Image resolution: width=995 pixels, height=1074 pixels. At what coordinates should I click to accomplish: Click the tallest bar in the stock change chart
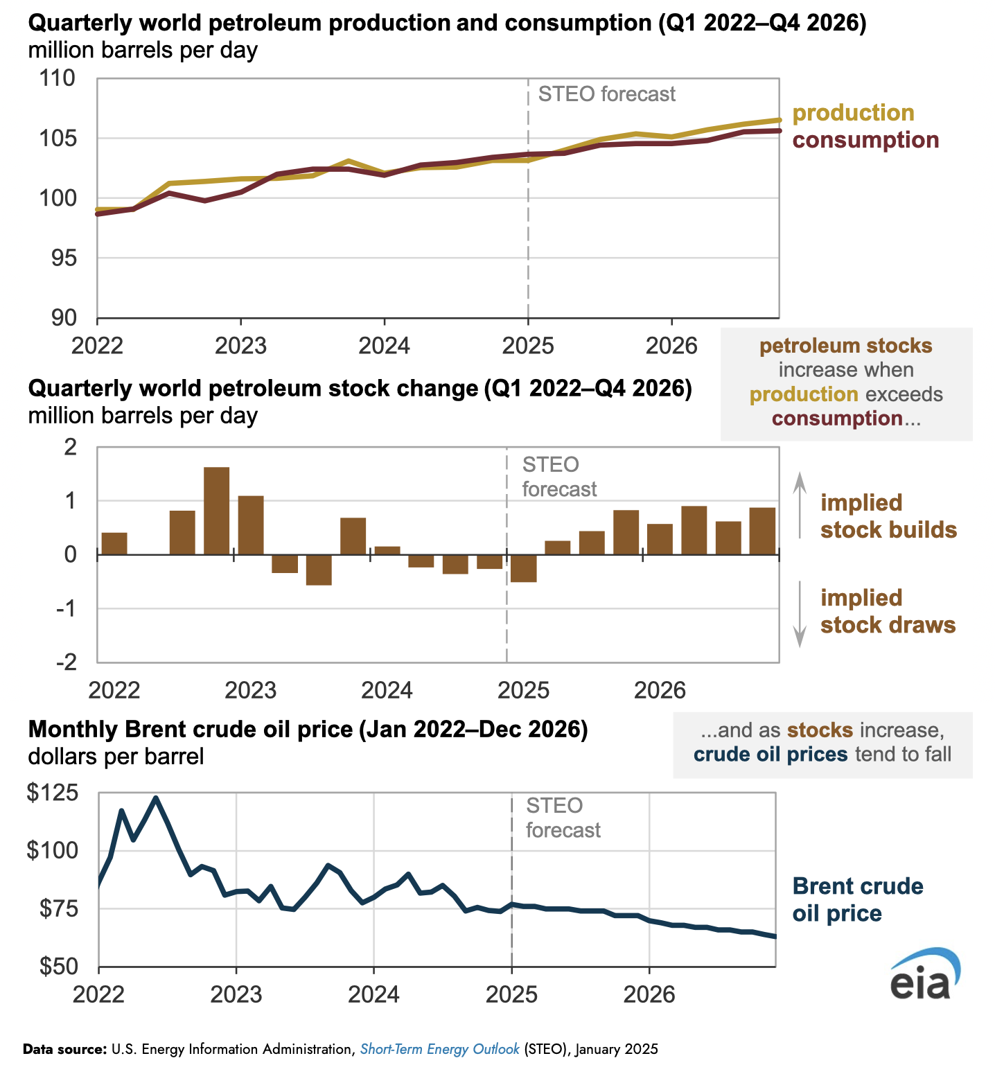[x=216, y=511]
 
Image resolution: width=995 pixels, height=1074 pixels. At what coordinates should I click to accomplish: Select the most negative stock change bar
[x=319, y=570]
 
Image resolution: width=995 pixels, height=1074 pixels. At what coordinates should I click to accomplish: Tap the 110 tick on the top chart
[x=58, y=78]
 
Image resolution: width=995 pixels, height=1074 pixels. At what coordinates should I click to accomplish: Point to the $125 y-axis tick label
[x=51, y=793]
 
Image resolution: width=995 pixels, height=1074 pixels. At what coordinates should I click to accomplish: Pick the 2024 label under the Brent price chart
[x=373, y=994]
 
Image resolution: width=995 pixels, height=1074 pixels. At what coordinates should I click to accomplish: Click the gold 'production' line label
[x=853, y=113]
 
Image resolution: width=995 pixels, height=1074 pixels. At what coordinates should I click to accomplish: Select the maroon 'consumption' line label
[x=865, y=140]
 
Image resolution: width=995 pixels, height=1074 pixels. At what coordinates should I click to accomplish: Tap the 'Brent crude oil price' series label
[x=857, y=899]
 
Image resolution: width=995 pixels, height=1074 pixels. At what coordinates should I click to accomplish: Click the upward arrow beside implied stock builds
[x=800, y=504]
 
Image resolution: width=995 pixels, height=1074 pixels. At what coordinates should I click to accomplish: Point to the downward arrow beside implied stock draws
[x=800, y=613]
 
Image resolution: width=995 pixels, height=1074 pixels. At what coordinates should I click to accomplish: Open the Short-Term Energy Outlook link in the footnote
[x=439, y=1049]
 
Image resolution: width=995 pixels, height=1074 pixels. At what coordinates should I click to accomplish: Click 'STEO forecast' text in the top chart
[x=606, y=94]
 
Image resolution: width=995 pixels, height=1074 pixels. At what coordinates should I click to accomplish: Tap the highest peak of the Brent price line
[x=155, y=798]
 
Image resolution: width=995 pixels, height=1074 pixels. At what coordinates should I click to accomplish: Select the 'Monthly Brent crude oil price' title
[x=308, y=730]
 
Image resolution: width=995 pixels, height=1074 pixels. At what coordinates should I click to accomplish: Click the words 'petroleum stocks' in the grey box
[x=845, y=346]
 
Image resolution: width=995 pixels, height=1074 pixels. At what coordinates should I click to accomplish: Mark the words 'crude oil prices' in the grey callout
[x=770, y=755]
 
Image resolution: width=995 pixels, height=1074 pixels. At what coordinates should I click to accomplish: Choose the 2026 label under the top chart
[x=671, y=345]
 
